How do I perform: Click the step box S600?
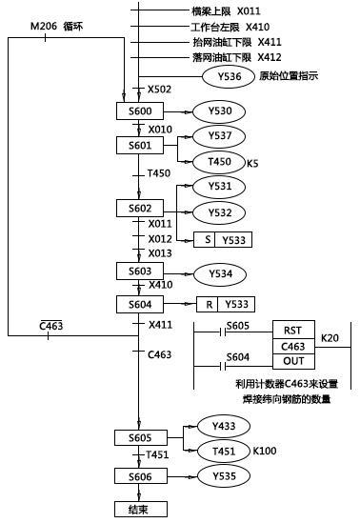139,111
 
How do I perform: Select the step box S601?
139,145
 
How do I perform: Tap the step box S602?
139,207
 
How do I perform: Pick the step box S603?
139,271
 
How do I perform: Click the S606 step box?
139,474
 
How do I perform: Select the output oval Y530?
218,111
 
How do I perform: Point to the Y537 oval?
218,136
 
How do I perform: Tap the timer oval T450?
218,161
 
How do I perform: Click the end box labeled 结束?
139,510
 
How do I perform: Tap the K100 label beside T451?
266,448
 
